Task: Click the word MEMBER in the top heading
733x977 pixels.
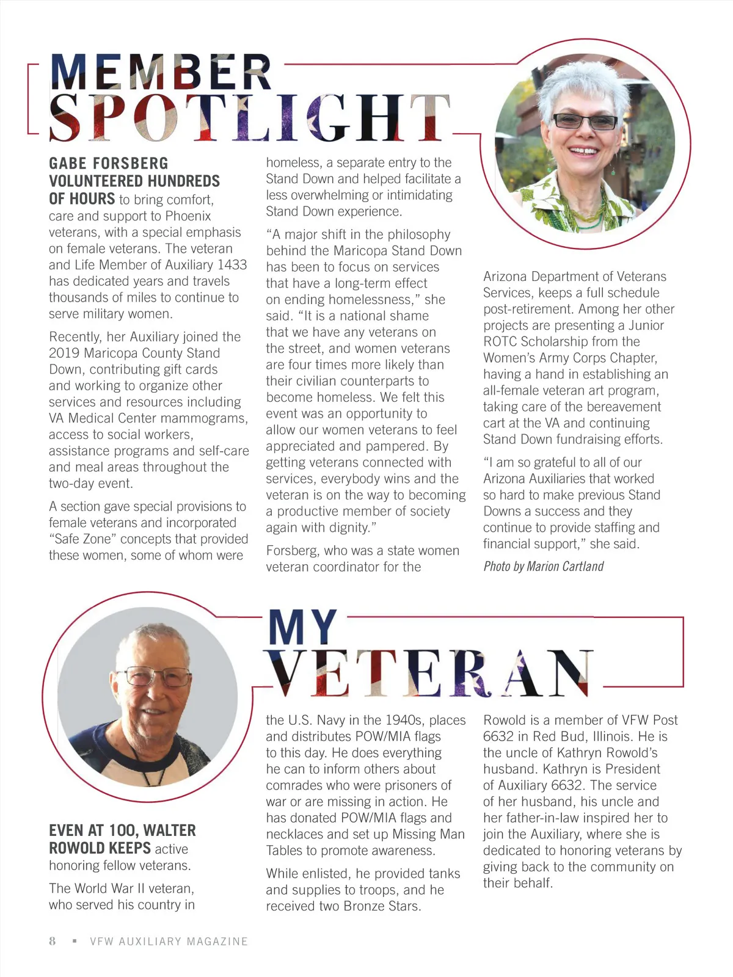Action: coord(161,73)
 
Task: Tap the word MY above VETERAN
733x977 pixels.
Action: coord(303,628)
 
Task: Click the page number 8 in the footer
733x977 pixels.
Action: coord(53,941)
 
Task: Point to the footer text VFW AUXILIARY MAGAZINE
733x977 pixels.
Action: coord(169,942)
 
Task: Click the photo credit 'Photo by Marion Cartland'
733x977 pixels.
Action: coord(543,567)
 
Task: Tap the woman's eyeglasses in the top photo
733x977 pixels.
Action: coord(585,122)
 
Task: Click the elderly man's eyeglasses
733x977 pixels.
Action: coord(157,676)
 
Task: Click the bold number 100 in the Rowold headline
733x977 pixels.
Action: coord(122,830)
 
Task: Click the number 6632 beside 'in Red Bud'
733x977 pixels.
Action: coord(498,736)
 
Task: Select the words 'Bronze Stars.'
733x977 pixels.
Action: coord(382,906)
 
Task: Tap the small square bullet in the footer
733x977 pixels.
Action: coord(75,941)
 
